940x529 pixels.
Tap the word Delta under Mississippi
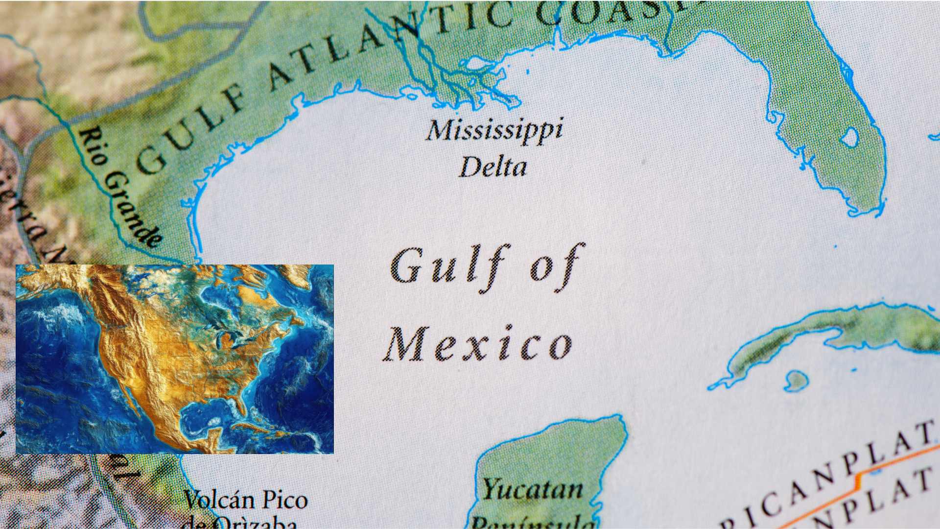coord(493,168)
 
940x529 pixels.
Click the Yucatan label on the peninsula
coord(533,489)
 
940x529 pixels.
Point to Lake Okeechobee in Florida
coord(850,138)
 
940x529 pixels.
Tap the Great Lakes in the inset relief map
coord(230,338)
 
